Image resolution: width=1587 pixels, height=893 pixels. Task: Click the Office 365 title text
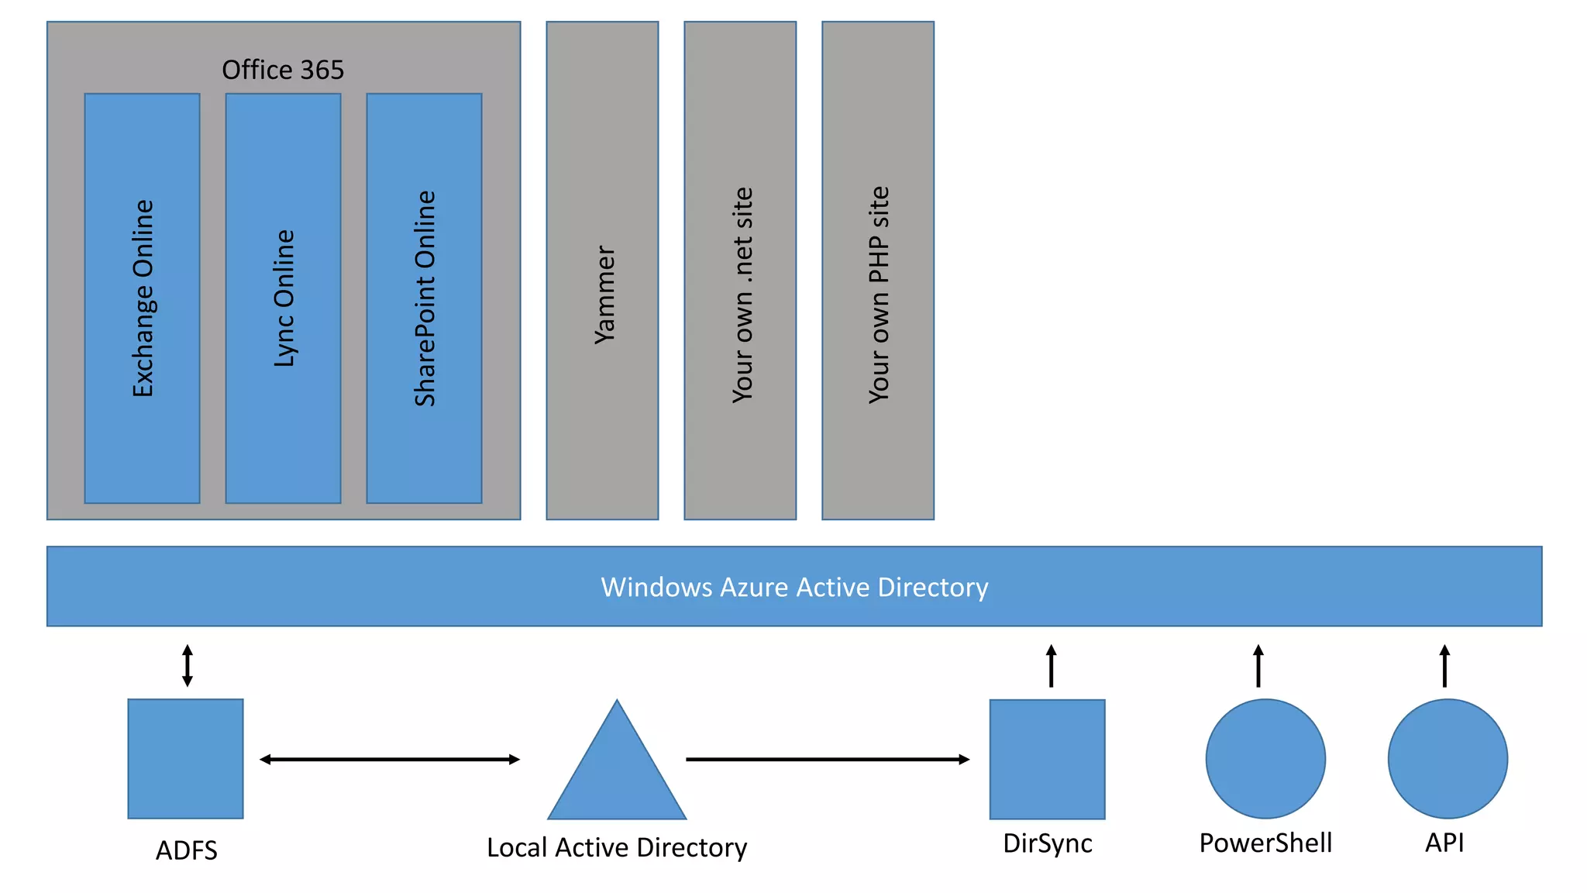[283, 70]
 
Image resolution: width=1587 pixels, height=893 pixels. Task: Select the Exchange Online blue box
[142, 298]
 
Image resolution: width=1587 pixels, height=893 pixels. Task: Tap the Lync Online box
[283, 298]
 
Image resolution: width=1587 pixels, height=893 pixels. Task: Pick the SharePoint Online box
[424, 298]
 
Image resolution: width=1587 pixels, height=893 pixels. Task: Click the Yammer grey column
[602, 271]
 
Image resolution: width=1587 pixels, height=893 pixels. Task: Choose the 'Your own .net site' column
[740, 271]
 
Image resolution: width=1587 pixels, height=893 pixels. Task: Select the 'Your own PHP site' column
[878, 271]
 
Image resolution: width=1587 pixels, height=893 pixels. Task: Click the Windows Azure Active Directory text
[794, 587]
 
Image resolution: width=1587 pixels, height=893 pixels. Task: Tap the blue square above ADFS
[185, 759]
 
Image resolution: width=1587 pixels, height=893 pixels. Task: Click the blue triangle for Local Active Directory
[617, 775]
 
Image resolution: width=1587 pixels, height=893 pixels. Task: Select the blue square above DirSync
[1047, 759]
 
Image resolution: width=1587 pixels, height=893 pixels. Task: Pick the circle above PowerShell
[1265, 759]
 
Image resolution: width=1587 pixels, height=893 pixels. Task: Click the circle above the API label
[1448, 759]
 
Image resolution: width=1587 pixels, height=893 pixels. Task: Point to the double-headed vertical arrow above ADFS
[188, 665]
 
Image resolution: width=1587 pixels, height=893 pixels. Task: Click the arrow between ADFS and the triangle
[389, 760]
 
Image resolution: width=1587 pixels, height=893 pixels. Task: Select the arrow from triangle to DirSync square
[828, 760]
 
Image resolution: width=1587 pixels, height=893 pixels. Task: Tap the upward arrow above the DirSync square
[1052, 666]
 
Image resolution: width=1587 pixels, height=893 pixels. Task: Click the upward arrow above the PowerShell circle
[1258, 666]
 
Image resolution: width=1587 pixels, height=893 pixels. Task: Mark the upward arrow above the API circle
[1444, 666]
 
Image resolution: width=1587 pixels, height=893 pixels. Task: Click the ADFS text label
[187, 850]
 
